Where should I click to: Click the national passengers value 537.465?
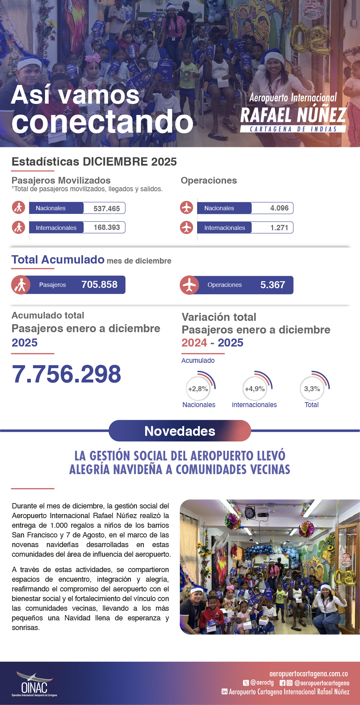[x=107, y=209]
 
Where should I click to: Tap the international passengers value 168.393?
[x=107, y=228]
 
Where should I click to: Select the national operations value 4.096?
[x=279, y=208]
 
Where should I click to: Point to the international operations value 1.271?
[x=279, y=228]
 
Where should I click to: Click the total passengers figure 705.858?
[x=99, y=285]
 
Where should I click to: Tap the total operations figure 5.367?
[x=272, y=285]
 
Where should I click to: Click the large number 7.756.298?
[x=67, y=374]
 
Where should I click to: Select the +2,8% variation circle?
[x=198, y=389]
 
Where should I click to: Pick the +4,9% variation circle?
[x=255, y=389]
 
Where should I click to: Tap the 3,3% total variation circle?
[x=312, y=389]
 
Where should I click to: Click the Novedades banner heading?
[x=180, y=431]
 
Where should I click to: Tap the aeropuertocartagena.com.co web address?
[x=308, y=674]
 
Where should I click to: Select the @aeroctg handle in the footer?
[x=262, y=683]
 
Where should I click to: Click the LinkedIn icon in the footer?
[x=224, y=692]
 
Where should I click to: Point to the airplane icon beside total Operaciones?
[x=189, y=285]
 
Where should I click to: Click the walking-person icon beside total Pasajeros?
[x=21, y=285]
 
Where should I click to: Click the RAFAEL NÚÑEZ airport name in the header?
[x=293, y=115]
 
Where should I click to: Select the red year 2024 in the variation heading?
[x=194, y=343]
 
